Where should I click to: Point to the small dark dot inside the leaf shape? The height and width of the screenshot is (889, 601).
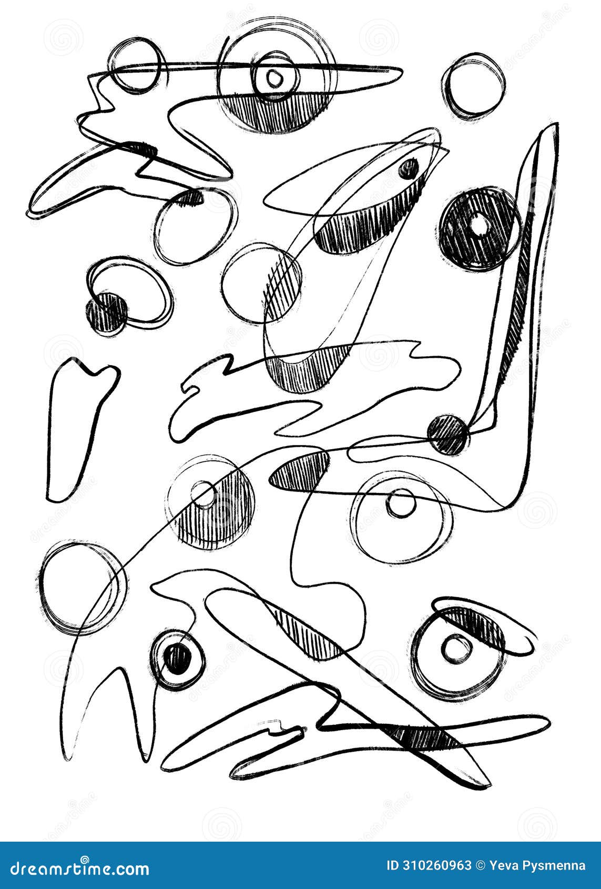(408, 169)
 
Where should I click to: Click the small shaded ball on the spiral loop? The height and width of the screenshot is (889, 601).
(107, 312)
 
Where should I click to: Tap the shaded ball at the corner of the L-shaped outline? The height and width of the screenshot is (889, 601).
(449, 434)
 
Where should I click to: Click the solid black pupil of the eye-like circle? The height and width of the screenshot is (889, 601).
(177, 659)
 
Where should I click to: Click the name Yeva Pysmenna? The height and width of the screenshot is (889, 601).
(537, 865)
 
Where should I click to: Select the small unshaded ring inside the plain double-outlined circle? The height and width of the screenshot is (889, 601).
(401, 503)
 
